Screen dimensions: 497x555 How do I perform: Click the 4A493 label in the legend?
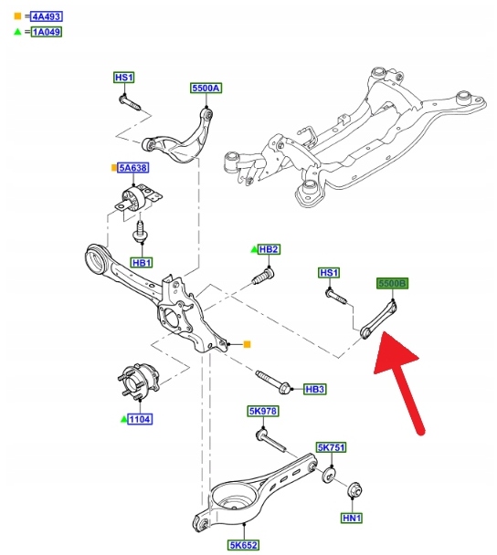(x=47, y=16)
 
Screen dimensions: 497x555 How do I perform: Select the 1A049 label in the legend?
(x=47, y=32)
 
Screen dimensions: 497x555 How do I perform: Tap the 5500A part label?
(x=206, y=88)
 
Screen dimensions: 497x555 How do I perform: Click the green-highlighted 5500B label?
(x=392, y=283)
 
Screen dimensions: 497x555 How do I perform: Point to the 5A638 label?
(x=132, y=167)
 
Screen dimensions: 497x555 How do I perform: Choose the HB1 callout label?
(x=142, y=263)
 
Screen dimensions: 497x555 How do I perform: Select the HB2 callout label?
(x=269, y=249)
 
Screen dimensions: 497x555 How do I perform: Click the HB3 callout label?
(x=315, y=390)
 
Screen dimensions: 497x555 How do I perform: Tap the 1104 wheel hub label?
(x=140, y=419)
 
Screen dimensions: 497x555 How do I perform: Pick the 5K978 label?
(x=263, y=411)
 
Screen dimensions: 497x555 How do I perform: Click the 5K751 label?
(x=332, y=447)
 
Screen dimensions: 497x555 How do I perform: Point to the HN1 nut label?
(x=352, y=518)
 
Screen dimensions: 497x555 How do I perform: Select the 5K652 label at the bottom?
(x=243, y=545)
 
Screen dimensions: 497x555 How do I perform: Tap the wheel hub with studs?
(x=139, y=382)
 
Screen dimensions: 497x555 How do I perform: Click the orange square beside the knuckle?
(x=247, y=344)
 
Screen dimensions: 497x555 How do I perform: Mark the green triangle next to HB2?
(x=254, y=249)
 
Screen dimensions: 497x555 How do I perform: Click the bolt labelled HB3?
(x=273, y=382)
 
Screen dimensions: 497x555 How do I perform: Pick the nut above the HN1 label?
(x=355, y=490)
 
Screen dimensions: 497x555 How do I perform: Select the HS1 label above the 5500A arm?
(x=124, y=78)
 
